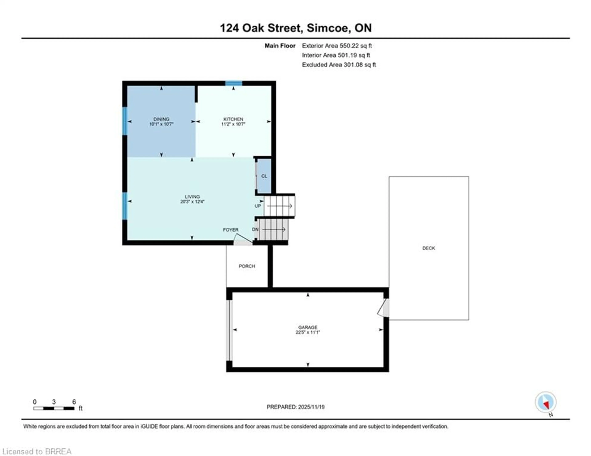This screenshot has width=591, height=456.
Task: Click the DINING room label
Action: click(x=161, y=119)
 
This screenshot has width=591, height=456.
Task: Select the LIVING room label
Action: click(x=192, y=197)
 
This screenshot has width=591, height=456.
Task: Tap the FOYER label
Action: click(x=231, y=230)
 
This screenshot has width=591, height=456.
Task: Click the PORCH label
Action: click(x=247, y=266)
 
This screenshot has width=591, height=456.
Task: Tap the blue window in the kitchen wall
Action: click(x=233, y=83)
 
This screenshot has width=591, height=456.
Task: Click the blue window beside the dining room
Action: click(x=125, y=121)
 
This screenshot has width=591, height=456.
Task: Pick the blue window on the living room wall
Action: click(x=125, y=206)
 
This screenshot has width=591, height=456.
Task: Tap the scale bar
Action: click(x=54, y=408)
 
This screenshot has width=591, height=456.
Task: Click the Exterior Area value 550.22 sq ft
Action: click(x=356, y=46)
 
